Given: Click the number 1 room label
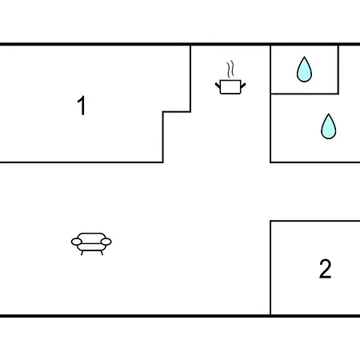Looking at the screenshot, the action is click(82, 106).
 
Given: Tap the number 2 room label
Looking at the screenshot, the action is click(326, 269).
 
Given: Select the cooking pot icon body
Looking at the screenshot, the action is click(230, 87).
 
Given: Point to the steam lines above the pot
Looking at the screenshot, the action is click(230, 69).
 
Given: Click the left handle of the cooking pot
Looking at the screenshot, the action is click(218, 86).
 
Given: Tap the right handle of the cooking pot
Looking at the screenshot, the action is click(243, 86).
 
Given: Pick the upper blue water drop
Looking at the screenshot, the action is click(304, 70).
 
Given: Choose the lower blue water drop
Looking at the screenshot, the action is click(329, 127).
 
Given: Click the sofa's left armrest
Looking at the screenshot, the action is click(77, 242).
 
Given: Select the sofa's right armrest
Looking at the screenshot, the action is click(106, 242).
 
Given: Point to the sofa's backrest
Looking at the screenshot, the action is click(91, 237).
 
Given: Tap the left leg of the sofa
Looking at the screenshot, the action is click(82, 253).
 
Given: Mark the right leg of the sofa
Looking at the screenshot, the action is click(102, 253).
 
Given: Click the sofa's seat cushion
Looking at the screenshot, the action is click(91, 247).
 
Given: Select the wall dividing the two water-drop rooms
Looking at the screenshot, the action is click(305, 94).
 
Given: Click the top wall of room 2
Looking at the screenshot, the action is click(315, 221).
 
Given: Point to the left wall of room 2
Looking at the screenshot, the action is click(270, 268).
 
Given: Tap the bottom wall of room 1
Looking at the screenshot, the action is click(82, 162).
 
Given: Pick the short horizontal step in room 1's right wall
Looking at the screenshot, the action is click(177, 112).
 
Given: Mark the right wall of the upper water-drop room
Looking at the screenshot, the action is click(338, 70).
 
